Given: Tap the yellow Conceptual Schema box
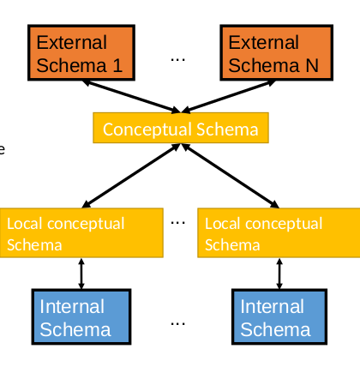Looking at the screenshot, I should [x=180, y=129].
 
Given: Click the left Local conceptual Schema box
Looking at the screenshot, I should [x=81, y=232].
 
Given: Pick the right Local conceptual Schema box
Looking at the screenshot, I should [x=279, y=232].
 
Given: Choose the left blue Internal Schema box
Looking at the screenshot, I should [x=81, y=317].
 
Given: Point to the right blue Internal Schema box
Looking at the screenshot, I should [x=279, y=317].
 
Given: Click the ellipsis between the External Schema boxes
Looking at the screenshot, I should [x=178, y=59].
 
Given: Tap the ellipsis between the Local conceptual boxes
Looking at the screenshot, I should [x=178, y=222].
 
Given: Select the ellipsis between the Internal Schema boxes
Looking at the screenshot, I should [x=178, y=323].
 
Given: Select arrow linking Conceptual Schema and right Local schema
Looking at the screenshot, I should [x=230, y=176].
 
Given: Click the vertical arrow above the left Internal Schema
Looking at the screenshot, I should [x=81, y=274].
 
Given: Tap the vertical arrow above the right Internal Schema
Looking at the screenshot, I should [x=279, y=274].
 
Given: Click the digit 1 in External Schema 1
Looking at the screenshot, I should [x=117, y=64].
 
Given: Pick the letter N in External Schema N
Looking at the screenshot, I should [x=310, y=64].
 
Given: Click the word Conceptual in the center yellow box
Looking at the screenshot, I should [x=143, y=129].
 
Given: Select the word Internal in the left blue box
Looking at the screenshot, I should [x=72, y=307].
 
